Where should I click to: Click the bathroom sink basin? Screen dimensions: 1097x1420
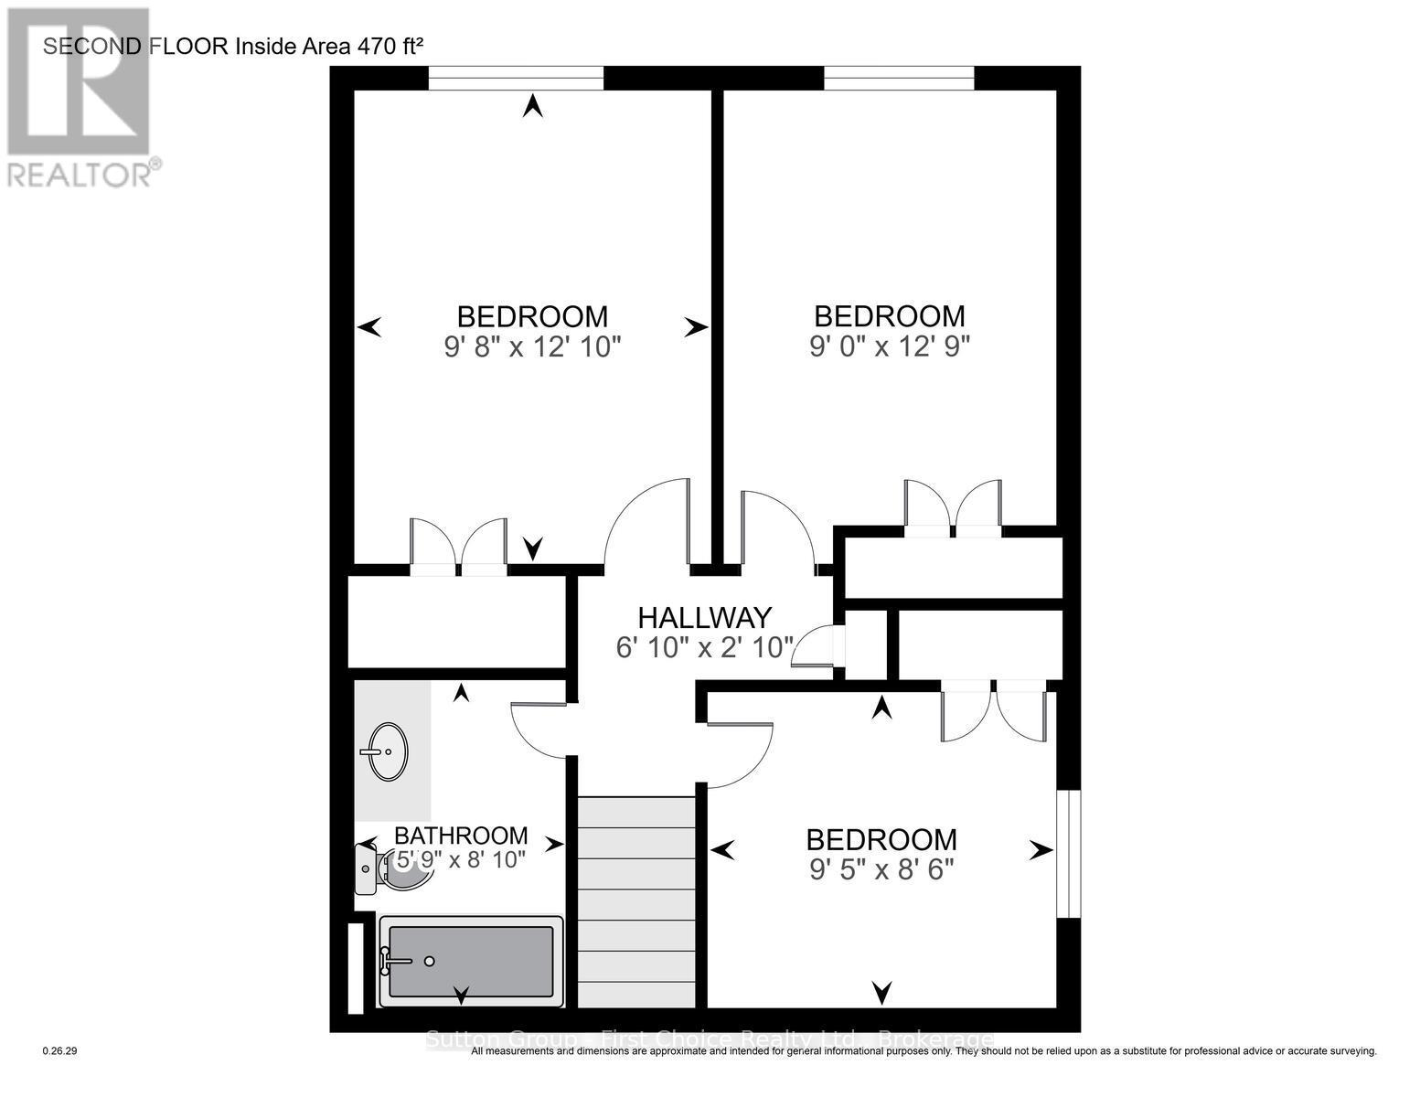point(388,751)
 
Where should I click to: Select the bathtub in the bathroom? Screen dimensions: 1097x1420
point(471,961)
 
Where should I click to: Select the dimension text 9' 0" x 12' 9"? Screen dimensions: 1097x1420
point(890,346)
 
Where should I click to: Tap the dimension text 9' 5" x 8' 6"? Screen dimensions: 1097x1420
point(881,868)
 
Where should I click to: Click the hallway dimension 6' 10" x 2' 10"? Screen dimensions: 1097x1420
point(704,648)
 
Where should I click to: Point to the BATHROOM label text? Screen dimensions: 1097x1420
point(461,836)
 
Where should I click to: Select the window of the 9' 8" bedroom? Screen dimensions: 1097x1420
point(516,79)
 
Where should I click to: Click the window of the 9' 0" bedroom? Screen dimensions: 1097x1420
point(899,79)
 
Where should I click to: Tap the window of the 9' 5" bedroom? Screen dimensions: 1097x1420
point(1068,854)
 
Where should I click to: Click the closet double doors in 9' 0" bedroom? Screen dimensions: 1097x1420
point(953,508)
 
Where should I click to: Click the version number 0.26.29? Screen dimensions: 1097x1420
point(60,1051)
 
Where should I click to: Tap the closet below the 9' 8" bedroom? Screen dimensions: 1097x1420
point(457,622)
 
